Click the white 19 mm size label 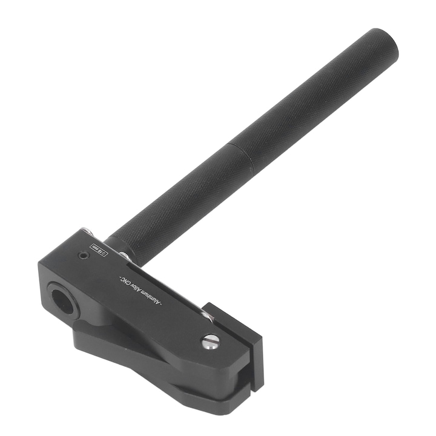[97, 249]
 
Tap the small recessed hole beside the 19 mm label [82, 257]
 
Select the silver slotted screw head [210, 342]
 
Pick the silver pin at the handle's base [124, 256]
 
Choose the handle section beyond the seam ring [315, 97]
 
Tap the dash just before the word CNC [118, 277]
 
